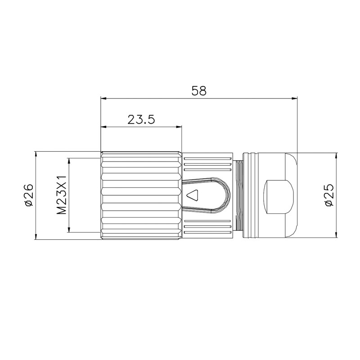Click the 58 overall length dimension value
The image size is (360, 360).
click(199, 91)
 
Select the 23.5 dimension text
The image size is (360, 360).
click(141, 119)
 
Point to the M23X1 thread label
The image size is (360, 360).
click(62, 195)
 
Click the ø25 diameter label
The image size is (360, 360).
click(329, 195)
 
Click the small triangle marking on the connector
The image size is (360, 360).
click(193, 195)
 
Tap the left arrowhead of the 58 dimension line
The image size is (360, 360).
click(104, 99)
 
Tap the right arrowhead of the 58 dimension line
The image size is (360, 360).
click(294, 99)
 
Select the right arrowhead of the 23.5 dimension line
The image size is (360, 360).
click(179, 126)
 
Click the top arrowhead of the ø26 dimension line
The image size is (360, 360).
click(36, 154)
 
